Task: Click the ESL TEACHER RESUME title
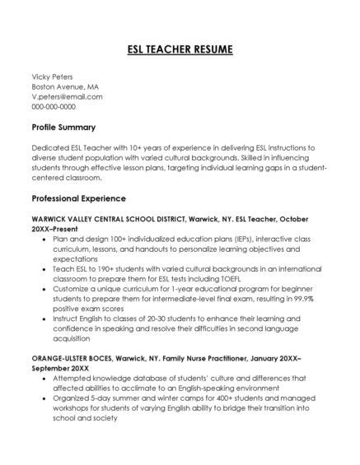tap(180, 49)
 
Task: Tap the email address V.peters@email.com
tap(67, 96)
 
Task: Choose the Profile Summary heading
tap(63, 128)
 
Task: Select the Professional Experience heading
tap(78, 198)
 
